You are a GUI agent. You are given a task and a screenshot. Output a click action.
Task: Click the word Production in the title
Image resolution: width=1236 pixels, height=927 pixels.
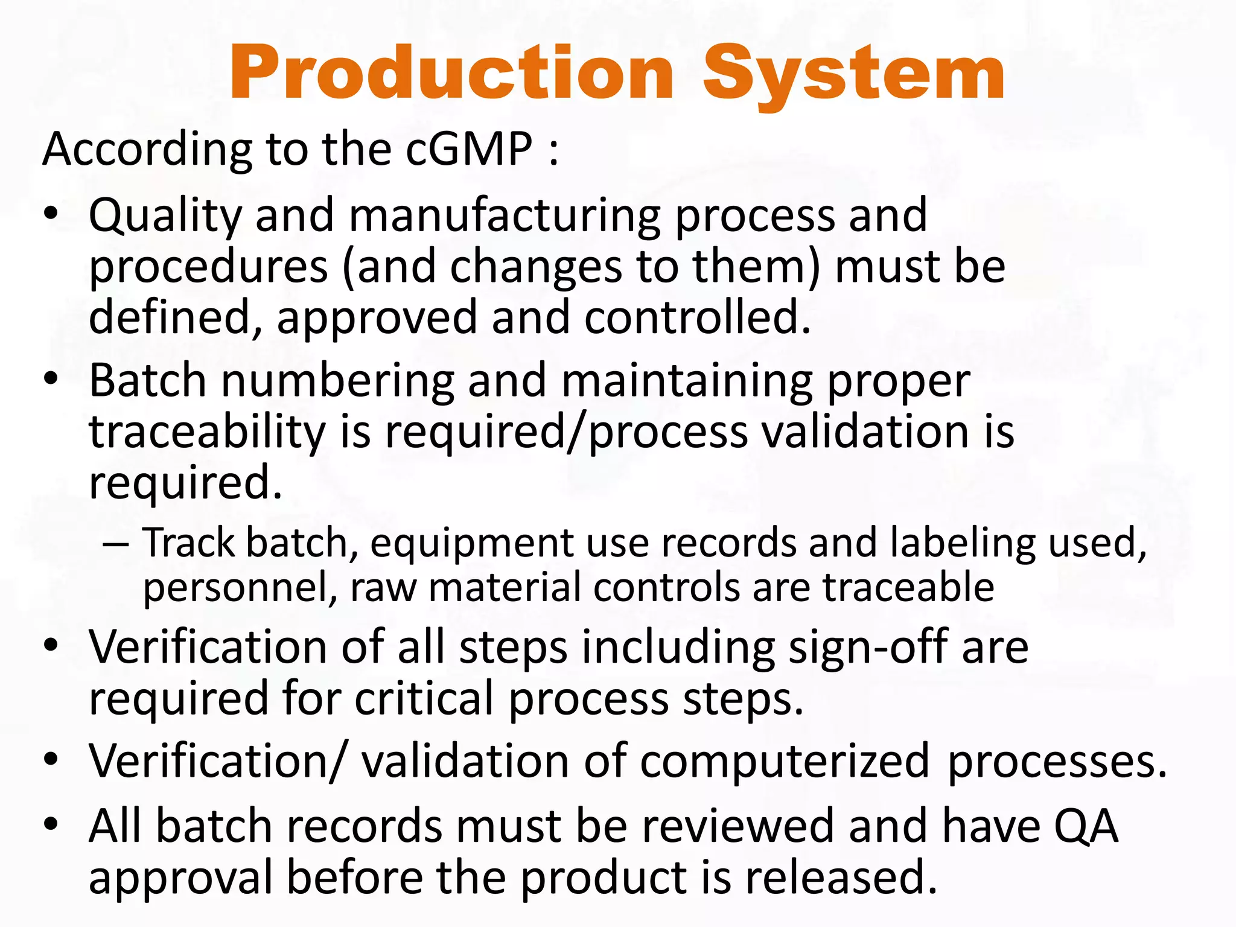coord(451,74)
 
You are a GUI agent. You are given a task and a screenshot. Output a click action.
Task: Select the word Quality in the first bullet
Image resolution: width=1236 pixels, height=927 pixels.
coord(165,216)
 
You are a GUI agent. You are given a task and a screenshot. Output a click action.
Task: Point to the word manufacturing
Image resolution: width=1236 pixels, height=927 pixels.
coord(505,216)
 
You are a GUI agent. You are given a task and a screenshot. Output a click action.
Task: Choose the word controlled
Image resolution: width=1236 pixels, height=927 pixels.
coord(697,317)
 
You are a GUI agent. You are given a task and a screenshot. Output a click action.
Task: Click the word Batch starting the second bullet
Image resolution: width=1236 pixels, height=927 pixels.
coord(148,381)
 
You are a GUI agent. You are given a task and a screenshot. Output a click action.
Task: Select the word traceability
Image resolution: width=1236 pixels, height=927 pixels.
coord(207,433)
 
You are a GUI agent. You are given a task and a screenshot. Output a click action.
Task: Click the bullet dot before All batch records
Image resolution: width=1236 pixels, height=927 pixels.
coord(51,824)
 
